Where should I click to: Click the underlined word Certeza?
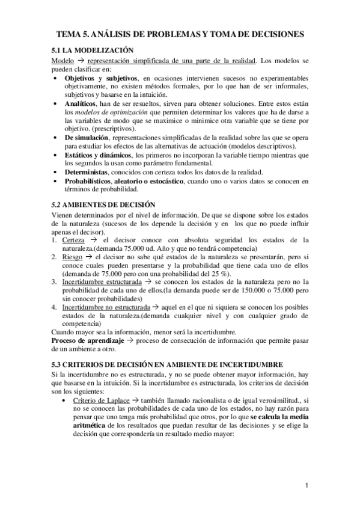(x=73, y=240)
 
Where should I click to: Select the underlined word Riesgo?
(x=73, y=256)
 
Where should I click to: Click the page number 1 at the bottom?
(x=307, y=486)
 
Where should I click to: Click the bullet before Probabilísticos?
(x=55, y=180)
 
